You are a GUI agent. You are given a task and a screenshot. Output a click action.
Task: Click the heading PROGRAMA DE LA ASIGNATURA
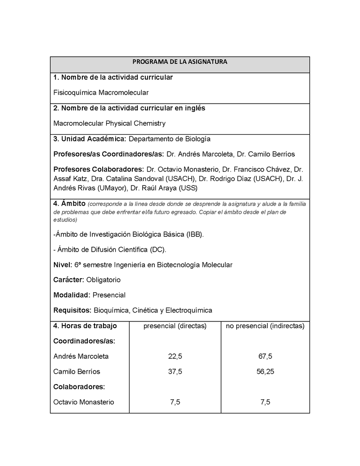180,62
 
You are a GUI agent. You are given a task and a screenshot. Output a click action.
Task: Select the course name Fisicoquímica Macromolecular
101,93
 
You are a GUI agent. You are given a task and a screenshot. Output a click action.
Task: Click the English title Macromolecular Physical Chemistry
109,123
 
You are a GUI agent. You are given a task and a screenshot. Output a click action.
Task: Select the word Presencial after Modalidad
109,295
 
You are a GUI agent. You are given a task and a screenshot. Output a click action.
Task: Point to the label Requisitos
72,310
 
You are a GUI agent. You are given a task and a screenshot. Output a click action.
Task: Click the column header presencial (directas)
175,326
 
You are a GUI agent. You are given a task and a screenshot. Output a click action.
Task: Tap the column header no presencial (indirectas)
265,326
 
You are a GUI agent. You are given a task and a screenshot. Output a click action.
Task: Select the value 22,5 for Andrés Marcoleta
175,357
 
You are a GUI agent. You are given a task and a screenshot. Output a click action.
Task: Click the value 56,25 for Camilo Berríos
265,372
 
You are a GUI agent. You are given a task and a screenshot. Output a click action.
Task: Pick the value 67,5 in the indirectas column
265,357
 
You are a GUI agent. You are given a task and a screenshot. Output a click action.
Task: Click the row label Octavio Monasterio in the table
84,402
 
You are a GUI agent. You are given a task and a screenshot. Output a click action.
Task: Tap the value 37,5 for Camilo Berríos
175,372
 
